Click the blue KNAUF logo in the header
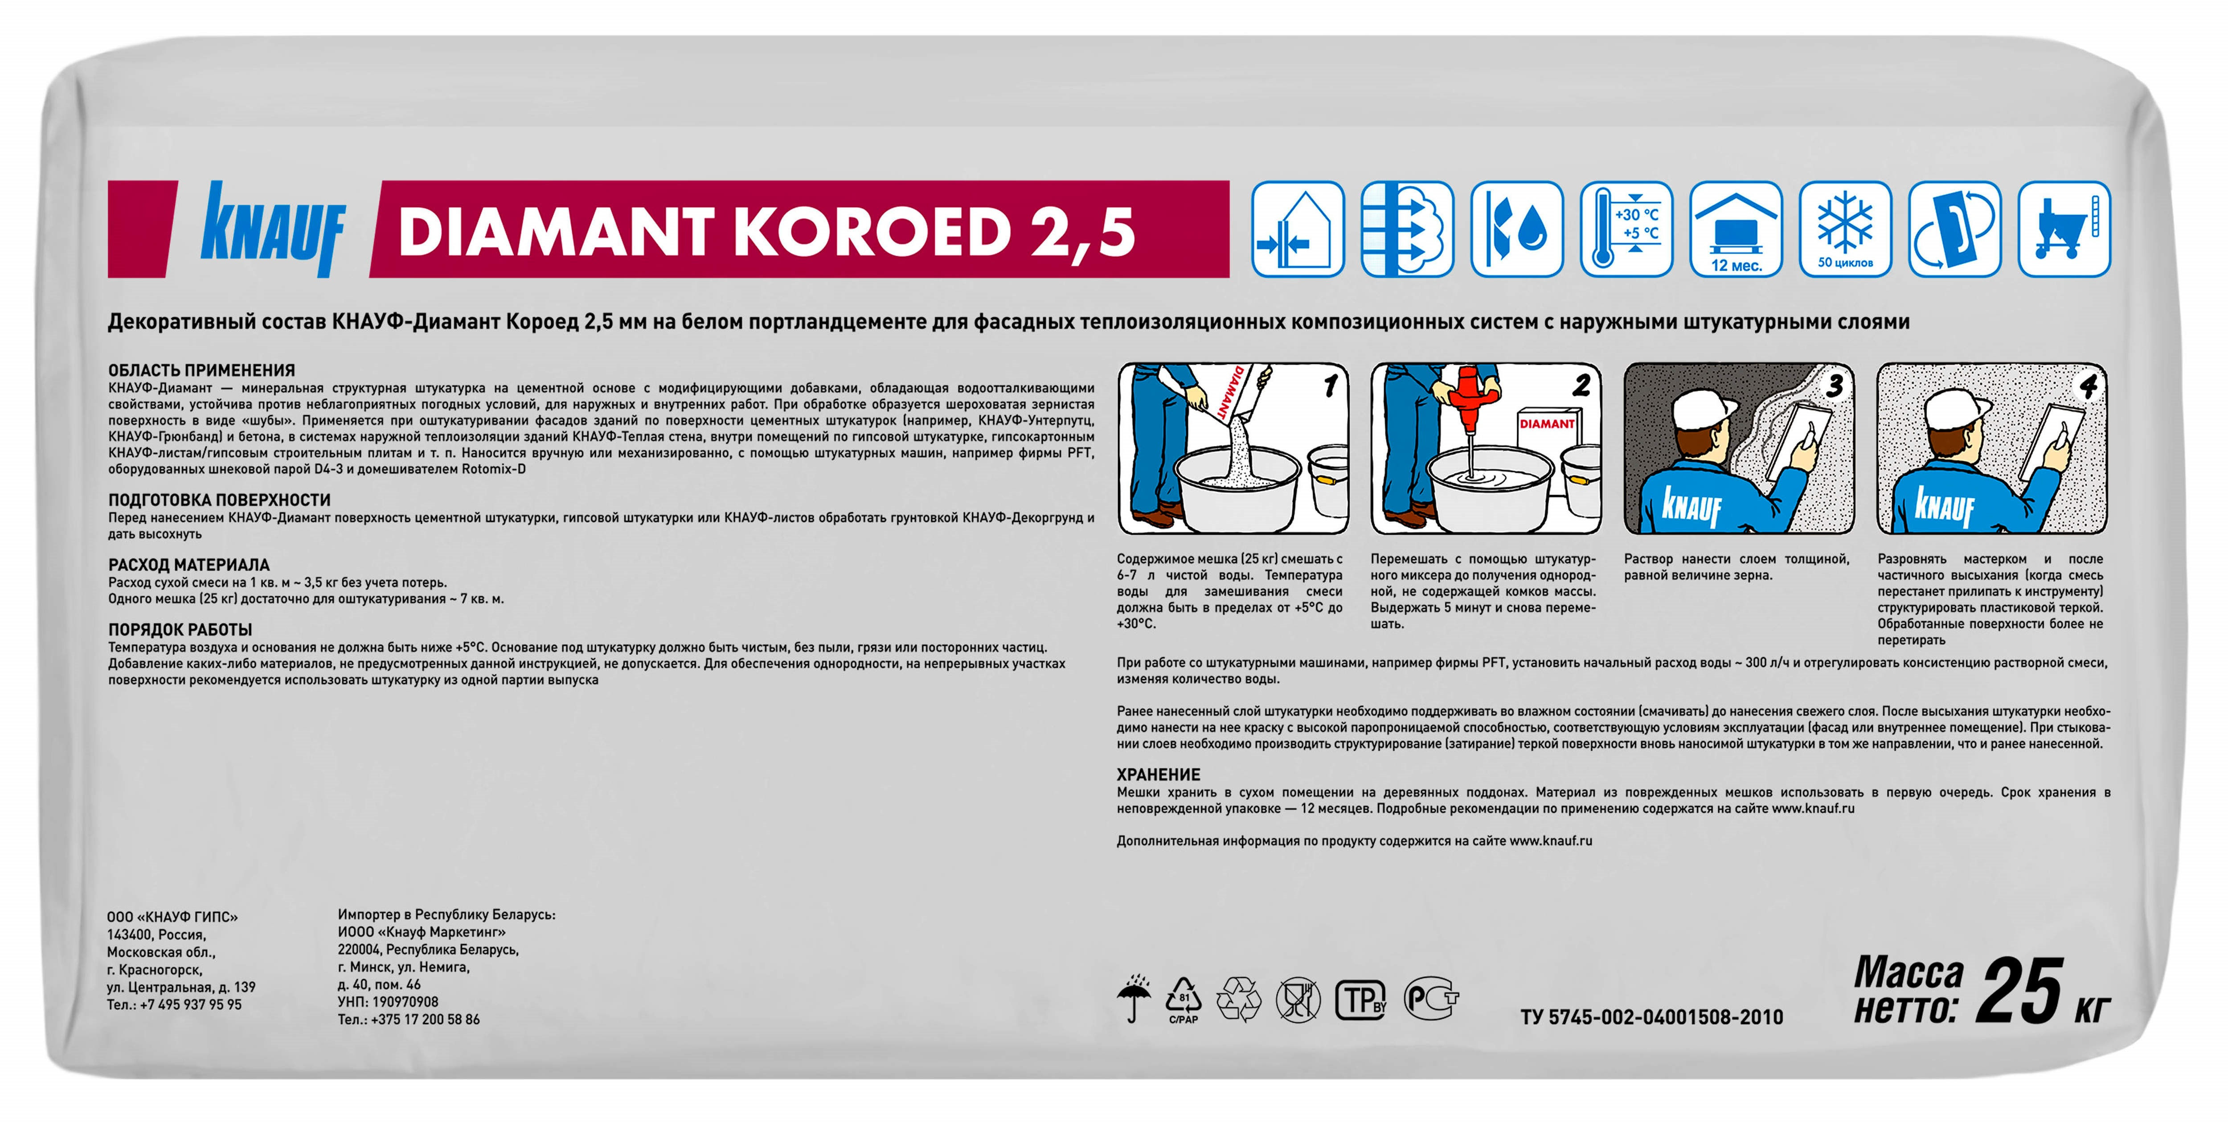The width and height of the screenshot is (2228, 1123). point(273,229)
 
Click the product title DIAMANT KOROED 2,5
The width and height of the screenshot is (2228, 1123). point(766,232)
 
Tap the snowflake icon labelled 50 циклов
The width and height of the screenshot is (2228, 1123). point(1845,229)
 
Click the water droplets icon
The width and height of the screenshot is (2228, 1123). point(1517,229)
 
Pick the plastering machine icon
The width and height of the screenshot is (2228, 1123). point(2064,229)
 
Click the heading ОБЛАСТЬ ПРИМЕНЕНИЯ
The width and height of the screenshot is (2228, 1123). point(201,370)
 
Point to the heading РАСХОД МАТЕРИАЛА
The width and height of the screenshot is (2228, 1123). point(188,565)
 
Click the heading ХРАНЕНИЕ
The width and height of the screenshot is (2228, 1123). point(1158,775)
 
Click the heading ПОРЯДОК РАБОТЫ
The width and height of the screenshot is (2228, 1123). point(180,630)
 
